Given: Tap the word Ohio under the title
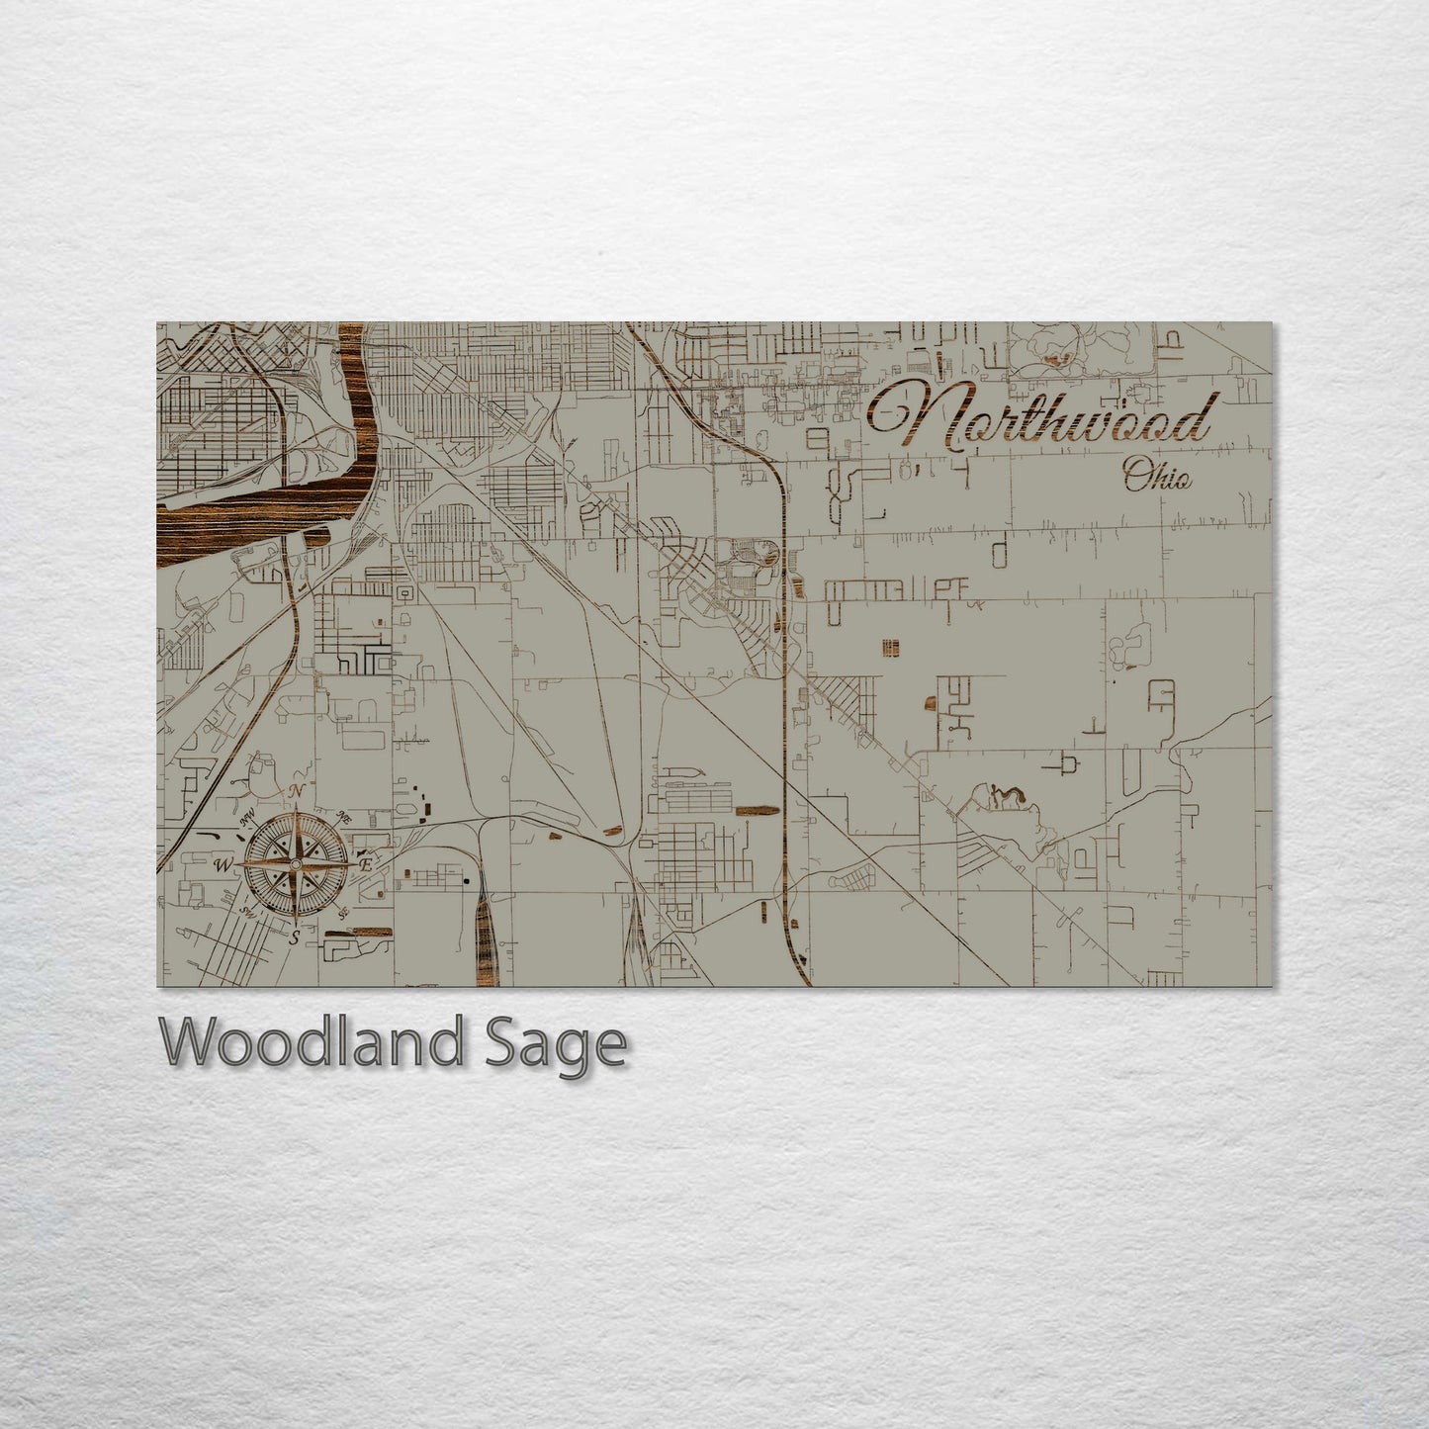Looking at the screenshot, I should point(1157,480).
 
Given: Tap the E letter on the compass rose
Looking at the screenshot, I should point(365,864).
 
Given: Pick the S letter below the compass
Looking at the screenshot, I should point(294,938).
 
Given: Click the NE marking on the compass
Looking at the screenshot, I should point(344,818).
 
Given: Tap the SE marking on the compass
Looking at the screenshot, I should point(343,912).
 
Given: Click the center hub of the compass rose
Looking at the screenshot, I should point(295,863).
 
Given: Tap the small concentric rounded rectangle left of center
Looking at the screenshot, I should point(403,591).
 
